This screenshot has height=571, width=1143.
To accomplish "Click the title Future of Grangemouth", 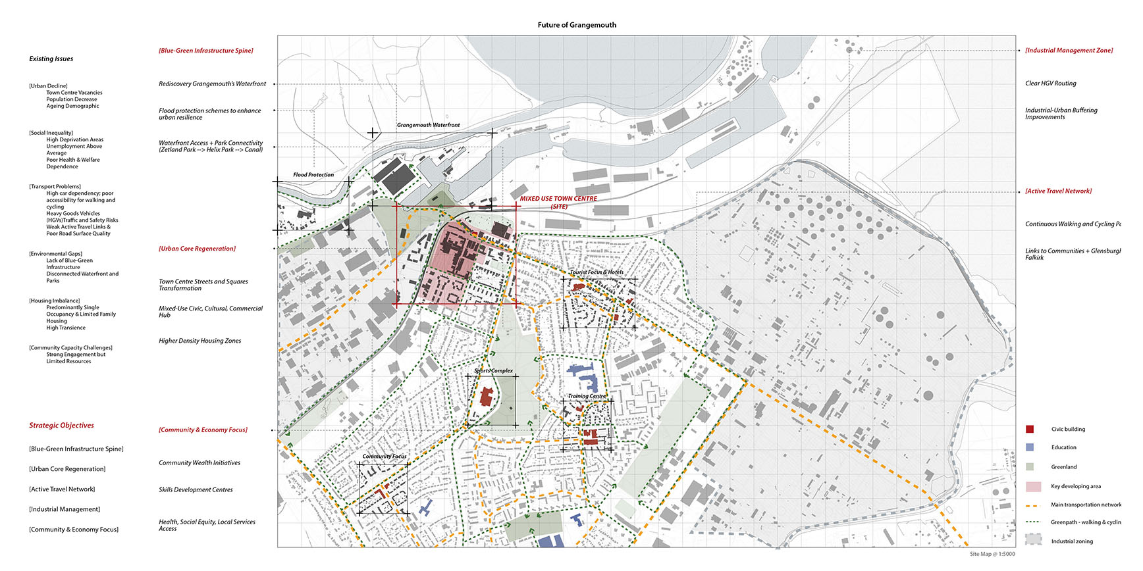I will click(x=577, y=25).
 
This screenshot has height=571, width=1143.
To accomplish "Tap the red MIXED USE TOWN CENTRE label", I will click(x=558, y=199).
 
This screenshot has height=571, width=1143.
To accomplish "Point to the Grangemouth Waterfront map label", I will click(x=428, y=125).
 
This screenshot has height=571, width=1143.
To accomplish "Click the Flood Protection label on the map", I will click(x=313, y=175).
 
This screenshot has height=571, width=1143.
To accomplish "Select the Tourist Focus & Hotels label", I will click(x=597, y=272).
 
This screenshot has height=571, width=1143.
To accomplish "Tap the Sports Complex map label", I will click(x=493, y=371).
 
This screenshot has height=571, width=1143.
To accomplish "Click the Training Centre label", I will click(x=587, y=396).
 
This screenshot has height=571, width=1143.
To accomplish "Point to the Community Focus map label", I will click(x=385, y=457).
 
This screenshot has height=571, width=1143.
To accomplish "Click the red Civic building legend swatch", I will click(x=1030, y=429).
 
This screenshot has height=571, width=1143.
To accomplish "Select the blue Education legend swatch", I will click(x=1030, y=447).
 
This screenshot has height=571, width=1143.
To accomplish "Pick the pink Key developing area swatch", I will click(x=1033, y=487).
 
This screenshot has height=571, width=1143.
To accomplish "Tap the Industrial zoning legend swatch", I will click(x=1033, y=539).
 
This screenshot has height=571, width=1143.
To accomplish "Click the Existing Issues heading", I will click(x=51, y=59).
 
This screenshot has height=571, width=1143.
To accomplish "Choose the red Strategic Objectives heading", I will click(x=61, y=426).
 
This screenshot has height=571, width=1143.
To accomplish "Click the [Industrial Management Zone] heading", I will click(x=1069, y=51).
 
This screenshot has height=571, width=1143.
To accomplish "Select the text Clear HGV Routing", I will click(x=1050, y=84).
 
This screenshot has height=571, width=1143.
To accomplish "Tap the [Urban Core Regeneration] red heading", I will click(x=197, y=249).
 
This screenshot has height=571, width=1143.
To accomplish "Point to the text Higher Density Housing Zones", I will click(x=199, y=341).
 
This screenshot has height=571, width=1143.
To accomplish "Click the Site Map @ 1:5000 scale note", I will click(x=992, y=554).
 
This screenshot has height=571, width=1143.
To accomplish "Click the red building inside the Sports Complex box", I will click(x=487, y=397).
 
